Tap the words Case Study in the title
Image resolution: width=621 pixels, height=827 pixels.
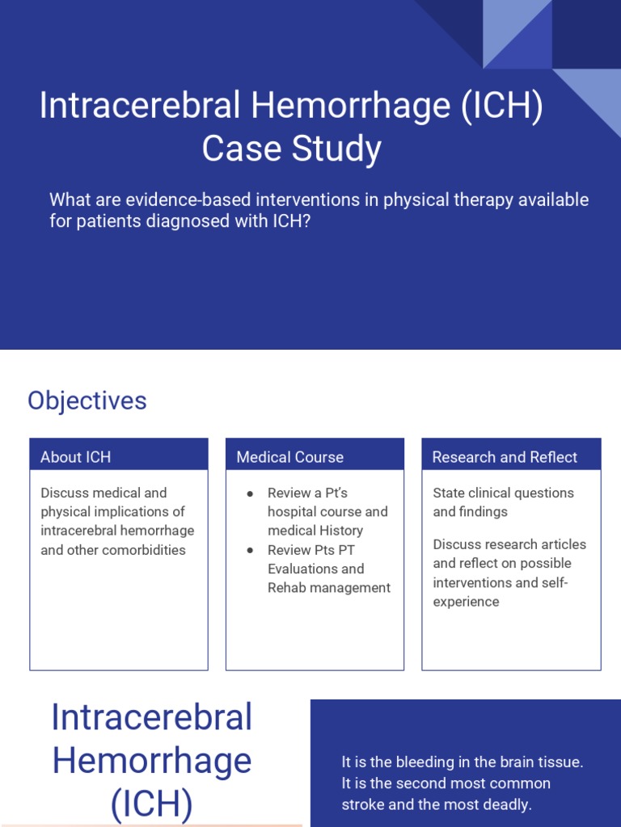click(291, 149)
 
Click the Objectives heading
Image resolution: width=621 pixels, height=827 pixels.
click(87, 401)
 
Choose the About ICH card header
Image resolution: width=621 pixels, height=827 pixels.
click(76, 457)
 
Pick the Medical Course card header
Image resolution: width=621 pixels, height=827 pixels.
click(290, 457)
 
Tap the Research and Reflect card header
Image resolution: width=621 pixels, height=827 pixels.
click(505, 457)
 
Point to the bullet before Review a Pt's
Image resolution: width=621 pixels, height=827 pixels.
click(251, 493)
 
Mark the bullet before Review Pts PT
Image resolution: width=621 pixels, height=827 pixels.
click(251, 550)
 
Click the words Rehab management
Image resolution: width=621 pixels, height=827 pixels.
click(329, 588)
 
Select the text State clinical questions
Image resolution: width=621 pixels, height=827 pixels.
click(503, 493)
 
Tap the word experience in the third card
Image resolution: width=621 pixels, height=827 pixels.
click(466, 602)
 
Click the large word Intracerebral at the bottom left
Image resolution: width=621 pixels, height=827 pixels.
click(152, 717)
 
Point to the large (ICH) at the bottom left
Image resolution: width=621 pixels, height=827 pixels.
click(152, 804)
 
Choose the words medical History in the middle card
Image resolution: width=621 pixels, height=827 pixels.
click(315, 531)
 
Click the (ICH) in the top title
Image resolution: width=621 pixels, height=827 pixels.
click(502, 107)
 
